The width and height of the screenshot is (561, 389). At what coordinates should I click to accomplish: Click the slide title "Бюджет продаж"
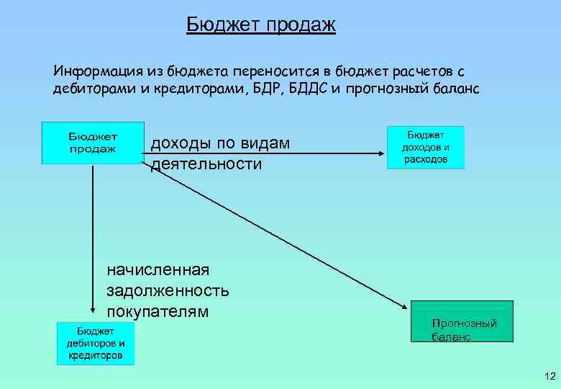[261, 25]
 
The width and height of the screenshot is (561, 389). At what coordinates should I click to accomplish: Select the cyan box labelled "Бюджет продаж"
[93, 143]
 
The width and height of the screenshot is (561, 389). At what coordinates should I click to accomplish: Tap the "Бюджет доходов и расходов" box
[425, 147]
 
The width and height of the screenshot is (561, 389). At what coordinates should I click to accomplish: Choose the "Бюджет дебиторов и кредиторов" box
[96, 343]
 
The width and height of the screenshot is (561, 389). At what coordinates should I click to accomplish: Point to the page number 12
[550, 376]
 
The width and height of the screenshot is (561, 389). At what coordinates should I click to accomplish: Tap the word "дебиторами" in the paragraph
[88, 89]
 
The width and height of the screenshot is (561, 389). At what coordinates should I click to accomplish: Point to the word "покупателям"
[158, 311]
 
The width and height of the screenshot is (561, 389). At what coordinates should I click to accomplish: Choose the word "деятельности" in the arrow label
[206, 164]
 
